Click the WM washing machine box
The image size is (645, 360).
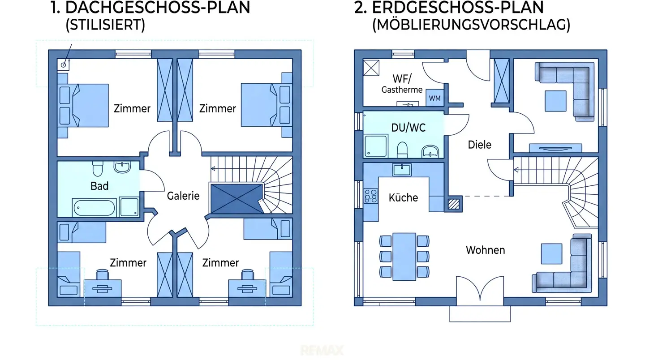tap(435, 98)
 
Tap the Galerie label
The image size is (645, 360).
tap(183, 196)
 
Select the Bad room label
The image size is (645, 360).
tap(99, 186)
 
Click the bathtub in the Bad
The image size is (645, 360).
tap(94, 207)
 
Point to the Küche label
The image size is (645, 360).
tap(403, 198)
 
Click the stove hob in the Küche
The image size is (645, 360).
tap(371, 196)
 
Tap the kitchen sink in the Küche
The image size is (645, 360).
tap(402, 170)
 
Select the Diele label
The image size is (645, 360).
tap(479, 145)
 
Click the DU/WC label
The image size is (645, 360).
tap(408, 128)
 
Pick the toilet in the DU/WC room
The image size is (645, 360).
tap(402, 150)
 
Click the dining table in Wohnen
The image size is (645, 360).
tap(404, 257)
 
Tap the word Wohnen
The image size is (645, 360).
tap(486, 250)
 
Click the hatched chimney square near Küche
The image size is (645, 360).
tap(454, 204)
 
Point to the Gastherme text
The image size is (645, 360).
tap(402, 90)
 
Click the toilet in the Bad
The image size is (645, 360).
tap(98, 169)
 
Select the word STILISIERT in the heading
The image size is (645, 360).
tap(105, 25)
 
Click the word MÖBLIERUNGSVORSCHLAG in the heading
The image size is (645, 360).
tap(471, 25)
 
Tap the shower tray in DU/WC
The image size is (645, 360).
tap(376, 146)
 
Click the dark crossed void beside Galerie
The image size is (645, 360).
tap(236, 199)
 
